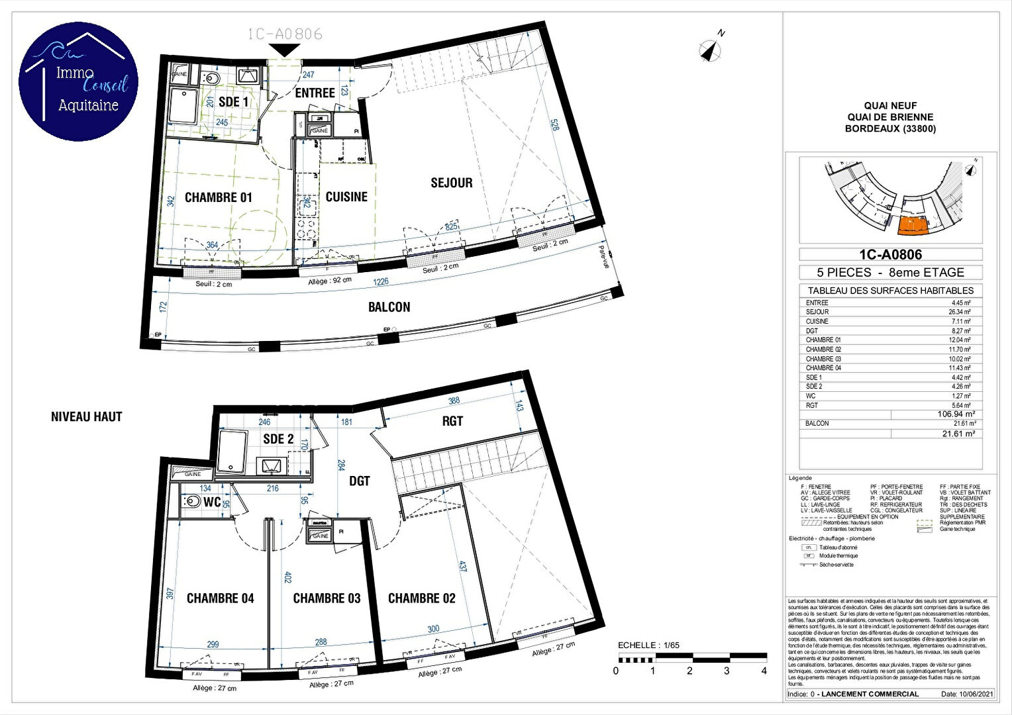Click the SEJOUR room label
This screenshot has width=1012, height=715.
click(x=452, y=183)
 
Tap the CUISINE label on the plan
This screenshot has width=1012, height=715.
click(x=346, y=197)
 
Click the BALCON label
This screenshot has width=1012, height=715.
click(x=389, y=307)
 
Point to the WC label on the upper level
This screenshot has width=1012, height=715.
click(x=212, y=502)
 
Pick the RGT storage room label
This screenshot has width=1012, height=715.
click(x=452, y=421)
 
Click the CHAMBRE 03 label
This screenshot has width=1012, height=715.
click(x=327, y=598)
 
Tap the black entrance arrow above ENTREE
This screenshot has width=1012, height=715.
click(x=285, y=50)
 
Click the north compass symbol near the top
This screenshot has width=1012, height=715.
click(x=711, y=50)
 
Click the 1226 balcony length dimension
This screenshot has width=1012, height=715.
click(x=381, y=281)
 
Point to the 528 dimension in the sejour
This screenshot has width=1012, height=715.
click(x=554, y=125)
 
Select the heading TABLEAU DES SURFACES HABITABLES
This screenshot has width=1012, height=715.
click(x=890, y=291)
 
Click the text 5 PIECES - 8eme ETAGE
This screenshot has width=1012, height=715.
click(x=890, y=272)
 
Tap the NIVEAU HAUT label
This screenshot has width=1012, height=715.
click(x=87, y=417)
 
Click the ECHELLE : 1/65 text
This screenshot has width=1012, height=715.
click(x=648, y=645)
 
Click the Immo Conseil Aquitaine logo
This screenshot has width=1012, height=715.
click(x=78, y=81)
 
